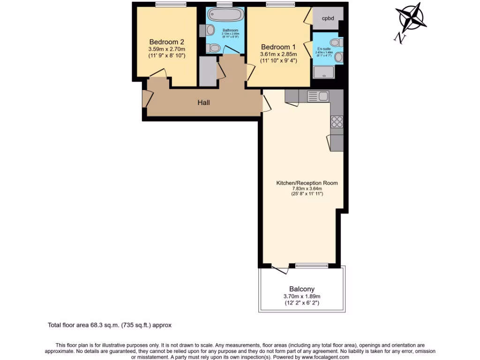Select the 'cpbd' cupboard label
(x=328, y=19)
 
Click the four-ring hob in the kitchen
(x=337, y=121)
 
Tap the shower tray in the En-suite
(x=324, y=72)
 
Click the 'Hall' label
(x=203, y=103)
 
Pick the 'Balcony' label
(x=301, y=289)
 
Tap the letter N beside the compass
(x=399, y=38)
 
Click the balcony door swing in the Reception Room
(x=281, y=269)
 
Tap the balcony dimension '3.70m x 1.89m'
(x=301, y=296)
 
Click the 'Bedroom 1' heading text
(x=278, y=47)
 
